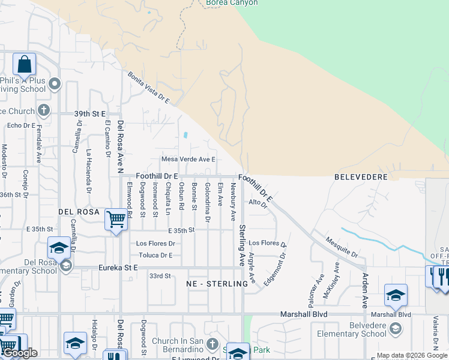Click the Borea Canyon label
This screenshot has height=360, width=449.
[232, 3]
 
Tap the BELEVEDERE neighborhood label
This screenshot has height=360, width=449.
[358, 178]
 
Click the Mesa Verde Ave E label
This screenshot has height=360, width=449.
[187, 160]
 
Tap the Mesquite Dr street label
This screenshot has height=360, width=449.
[342, 243]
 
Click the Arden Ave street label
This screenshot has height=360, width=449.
[364, 287]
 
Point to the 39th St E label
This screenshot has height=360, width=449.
[90, 113]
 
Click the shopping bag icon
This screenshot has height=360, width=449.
[24, 64]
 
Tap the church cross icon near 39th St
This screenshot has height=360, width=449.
[43, 110]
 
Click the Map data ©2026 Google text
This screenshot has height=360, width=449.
[411, 355]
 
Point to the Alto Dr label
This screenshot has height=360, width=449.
[257, 203]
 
